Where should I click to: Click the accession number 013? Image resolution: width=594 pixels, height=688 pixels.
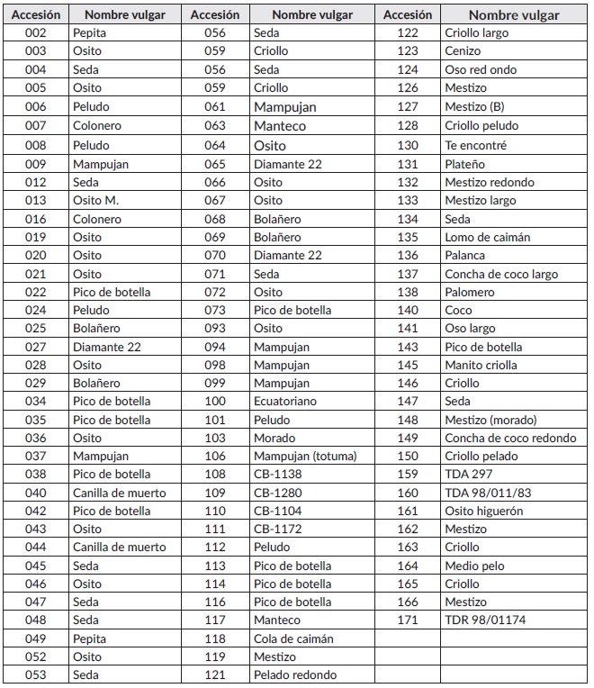tap(35, 200)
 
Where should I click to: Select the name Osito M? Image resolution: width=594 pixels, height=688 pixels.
tap(96, 200)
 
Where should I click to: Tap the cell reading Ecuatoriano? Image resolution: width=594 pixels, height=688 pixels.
tap(286, 401)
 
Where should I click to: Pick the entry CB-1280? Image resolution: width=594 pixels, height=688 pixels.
tap(278, 493)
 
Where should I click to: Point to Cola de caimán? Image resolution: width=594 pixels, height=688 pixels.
tap(293, 638)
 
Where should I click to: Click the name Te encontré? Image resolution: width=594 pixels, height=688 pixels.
tap(475, 145)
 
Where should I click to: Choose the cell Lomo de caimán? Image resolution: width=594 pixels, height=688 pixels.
tap(487, 237)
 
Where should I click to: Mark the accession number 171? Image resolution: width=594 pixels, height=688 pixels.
tap(408, 620)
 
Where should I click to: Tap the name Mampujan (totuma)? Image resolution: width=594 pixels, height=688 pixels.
tap(305, 456)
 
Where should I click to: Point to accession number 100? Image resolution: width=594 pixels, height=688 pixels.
tap(215, 401)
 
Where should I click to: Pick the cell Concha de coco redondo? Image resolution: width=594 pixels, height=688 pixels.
tap(510, 438)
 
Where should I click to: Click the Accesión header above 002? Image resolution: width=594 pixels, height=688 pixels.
tap(37, 14)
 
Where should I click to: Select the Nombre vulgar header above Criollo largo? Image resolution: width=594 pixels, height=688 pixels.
tap(514, 14)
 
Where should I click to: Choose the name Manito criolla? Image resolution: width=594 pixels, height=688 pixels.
tap(481, 365)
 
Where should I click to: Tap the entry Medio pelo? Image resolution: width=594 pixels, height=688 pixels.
tap(474, 566)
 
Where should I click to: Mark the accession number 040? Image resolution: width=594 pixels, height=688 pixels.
tap(35, 493)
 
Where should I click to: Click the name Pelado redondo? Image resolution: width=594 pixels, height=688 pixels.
tap(295, 674)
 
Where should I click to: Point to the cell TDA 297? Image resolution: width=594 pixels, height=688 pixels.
tap(470, 474)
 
